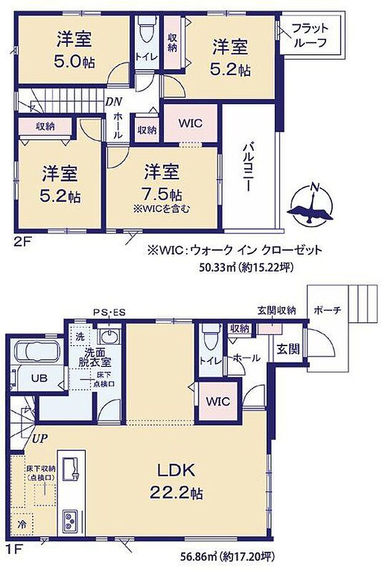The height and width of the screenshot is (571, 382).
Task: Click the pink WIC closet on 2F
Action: tap(190, 123)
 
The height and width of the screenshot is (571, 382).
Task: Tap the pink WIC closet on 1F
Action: tap(217, 401)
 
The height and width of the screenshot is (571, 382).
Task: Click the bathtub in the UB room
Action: tap(35, 353)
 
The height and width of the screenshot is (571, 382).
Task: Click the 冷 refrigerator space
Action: tap(23, 525)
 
